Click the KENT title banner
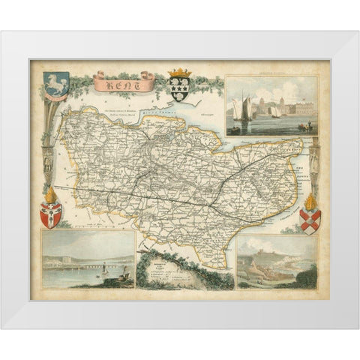[x=124, y=81]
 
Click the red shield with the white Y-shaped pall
[x=50, y=216]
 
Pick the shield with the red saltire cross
[x=309, y=220]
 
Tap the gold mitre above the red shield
[x=50, y=196]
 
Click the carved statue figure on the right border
[x=314, y=157]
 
